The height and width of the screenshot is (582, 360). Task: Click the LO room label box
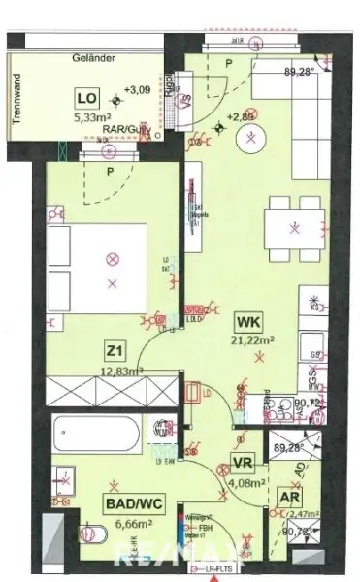pyautogui.click(x=84, y=98)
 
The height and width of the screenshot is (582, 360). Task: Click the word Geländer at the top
pyautogui.click(x=93, y=60)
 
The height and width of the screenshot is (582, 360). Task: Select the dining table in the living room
pyautogui.click(x=295, y=228)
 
